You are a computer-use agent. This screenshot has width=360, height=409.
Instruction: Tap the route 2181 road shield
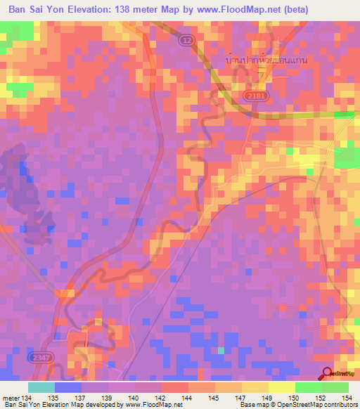click(x=257, y=93)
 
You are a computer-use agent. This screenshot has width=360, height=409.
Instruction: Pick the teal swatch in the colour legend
click(x=41, y=387)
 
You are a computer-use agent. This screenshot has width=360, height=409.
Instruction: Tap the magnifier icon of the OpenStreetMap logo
click(x=326, y=374)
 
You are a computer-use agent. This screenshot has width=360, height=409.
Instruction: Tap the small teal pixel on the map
click(x=221, y=350)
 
